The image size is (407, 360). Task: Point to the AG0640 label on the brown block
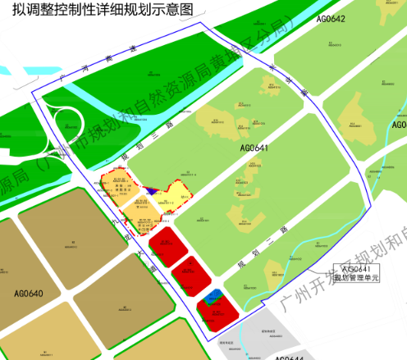click(x=28, y=292)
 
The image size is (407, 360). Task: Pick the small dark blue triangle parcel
click(x=152, y=193)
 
